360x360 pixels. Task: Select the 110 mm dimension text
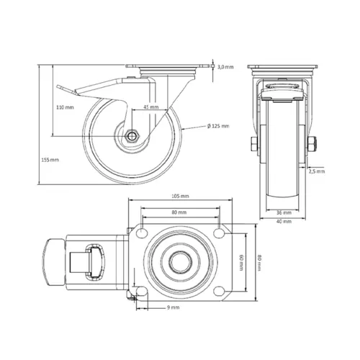[x=66, y=107]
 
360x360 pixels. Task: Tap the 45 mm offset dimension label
[x=151, y=107]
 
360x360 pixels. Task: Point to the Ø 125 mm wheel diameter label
[x=217, y=126]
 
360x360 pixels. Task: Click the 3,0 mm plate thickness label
[x=225, y=67]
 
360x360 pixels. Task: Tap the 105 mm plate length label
[x=180, y=196]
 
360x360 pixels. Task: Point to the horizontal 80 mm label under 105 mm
[x=180, y=212]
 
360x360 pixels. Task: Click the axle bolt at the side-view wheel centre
[x=135, y=136]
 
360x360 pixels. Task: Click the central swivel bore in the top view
[x=180, y=264]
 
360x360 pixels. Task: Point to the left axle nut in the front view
[x=254, y=146]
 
